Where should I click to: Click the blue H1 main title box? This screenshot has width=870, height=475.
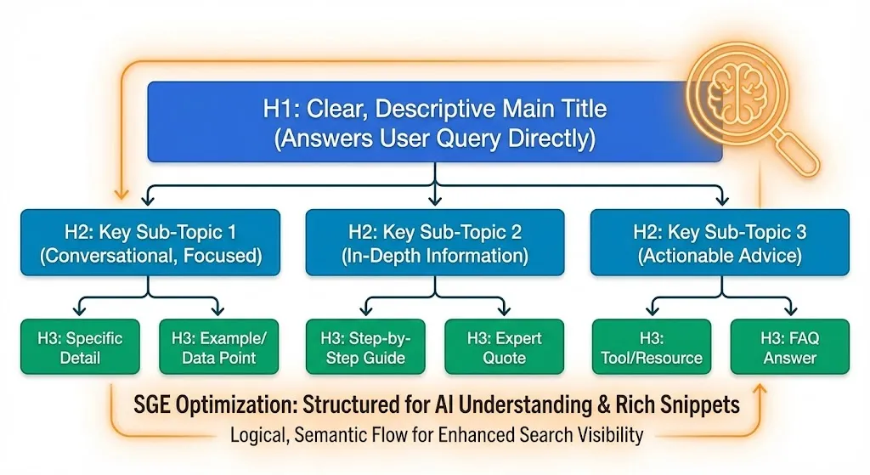click(x=434, y=122)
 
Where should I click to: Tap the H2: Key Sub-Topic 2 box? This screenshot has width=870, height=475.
click(x=434, y=243)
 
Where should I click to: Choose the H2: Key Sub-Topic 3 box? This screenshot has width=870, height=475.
click(x=719, y=243)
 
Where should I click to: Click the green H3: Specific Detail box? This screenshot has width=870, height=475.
click(x=80, y=347)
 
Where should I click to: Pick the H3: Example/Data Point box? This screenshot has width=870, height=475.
click(x=218, y=347)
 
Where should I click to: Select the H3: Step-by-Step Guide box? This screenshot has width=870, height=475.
click(x=366, y=347)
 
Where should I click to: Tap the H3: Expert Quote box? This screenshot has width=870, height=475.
click(x=504, y=347)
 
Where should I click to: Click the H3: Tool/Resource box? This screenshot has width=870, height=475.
click(x=651, y=347)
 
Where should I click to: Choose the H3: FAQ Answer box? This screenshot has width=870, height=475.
click(x=789, y=347)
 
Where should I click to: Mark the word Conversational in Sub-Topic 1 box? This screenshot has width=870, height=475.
click(x=107, y=255)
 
